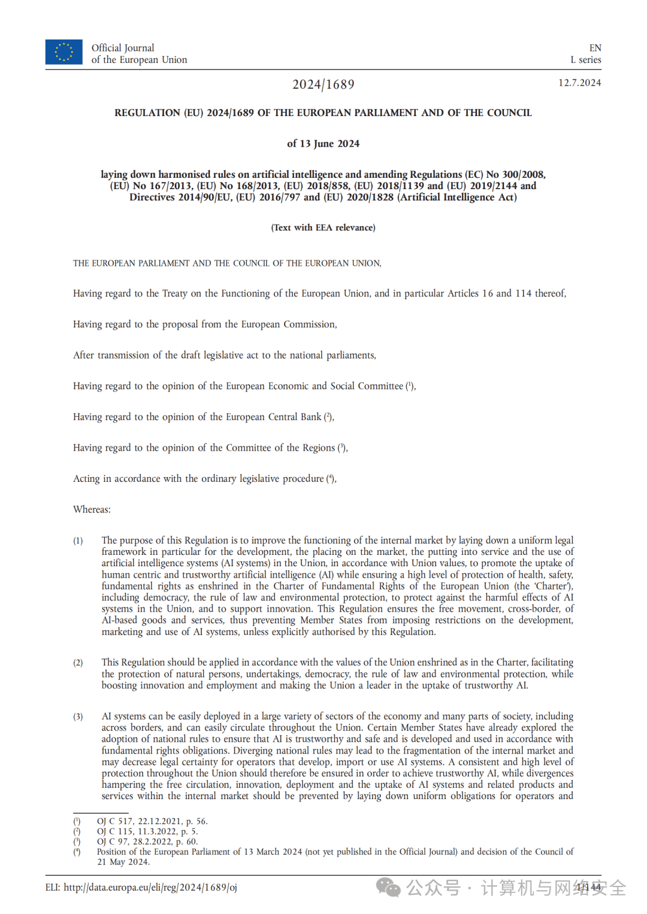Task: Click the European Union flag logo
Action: [x=64, y=52]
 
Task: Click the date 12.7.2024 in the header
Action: [x=579, y=83]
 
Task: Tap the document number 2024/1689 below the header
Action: [x=323, y=84]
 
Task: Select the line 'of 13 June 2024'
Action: [x=323, y=144]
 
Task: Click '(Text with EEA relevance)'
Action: [x=323, y=227]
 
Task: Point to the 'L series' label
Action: [x=585, y=60]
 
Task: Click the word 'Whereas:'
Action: [x=92, y=509]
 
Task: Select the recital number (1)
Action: [x=78, y=541]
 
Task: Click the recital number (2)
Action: [x=78, y=663]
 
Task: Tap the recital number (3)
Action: [x=78, y=716]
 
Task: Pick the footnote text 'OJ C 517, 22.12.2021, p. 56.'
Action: [x=152, y=821]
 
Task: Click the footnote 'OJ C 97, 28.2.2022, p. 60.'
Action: [x=147, y=842]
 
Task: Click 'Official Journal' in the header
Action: [x=123, y=48]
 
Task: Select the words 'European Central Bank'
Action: [x=273, y=417]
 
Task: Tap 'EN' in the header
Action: [x=595, y=48]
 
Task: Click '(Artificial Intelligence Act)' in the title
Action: [x=456, y=197]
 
